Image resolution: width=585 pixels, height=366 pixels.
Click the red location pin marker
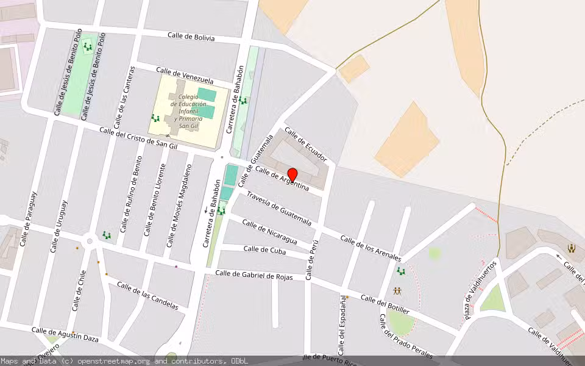pos(292,175)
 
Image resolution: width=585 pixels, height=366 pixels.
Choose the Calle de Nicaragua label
pos(269,231)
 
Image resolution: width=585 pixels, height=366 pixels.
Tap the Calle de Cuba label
pos(264,249)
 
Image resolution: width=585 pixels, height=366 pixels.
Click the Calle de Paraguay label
pos(28,219)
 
